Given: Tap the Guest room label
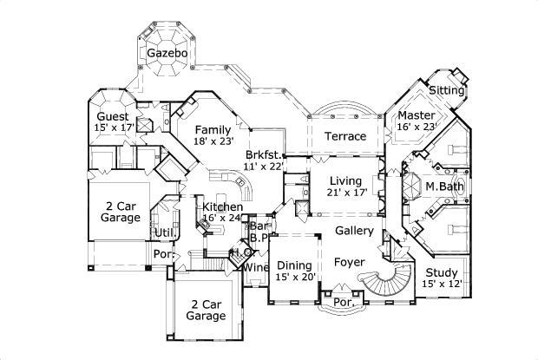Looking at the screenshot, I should click(x=113, y=116).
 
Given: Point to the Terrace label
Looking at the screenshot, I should click(x=344, y=136).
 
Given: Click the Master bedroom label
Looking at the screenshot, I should click(x=415, y=115).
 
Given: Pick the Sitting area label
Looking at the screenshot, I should click(x=447, y=90).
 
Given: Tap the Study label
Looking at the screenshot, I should click(x=442, y=272).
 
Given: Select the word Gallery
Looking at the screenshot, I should click(x=354, y=231).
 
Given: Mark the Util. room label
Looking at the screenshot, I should click(x=165, y=232).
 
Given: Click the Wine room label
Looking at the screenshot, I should click(x=255, y=267).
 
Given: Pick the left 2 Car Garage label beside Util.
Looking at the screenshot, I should click(x=121, y=211).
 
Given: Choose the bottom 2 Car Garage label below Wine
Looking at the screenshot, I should click(x=207, y=310).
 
